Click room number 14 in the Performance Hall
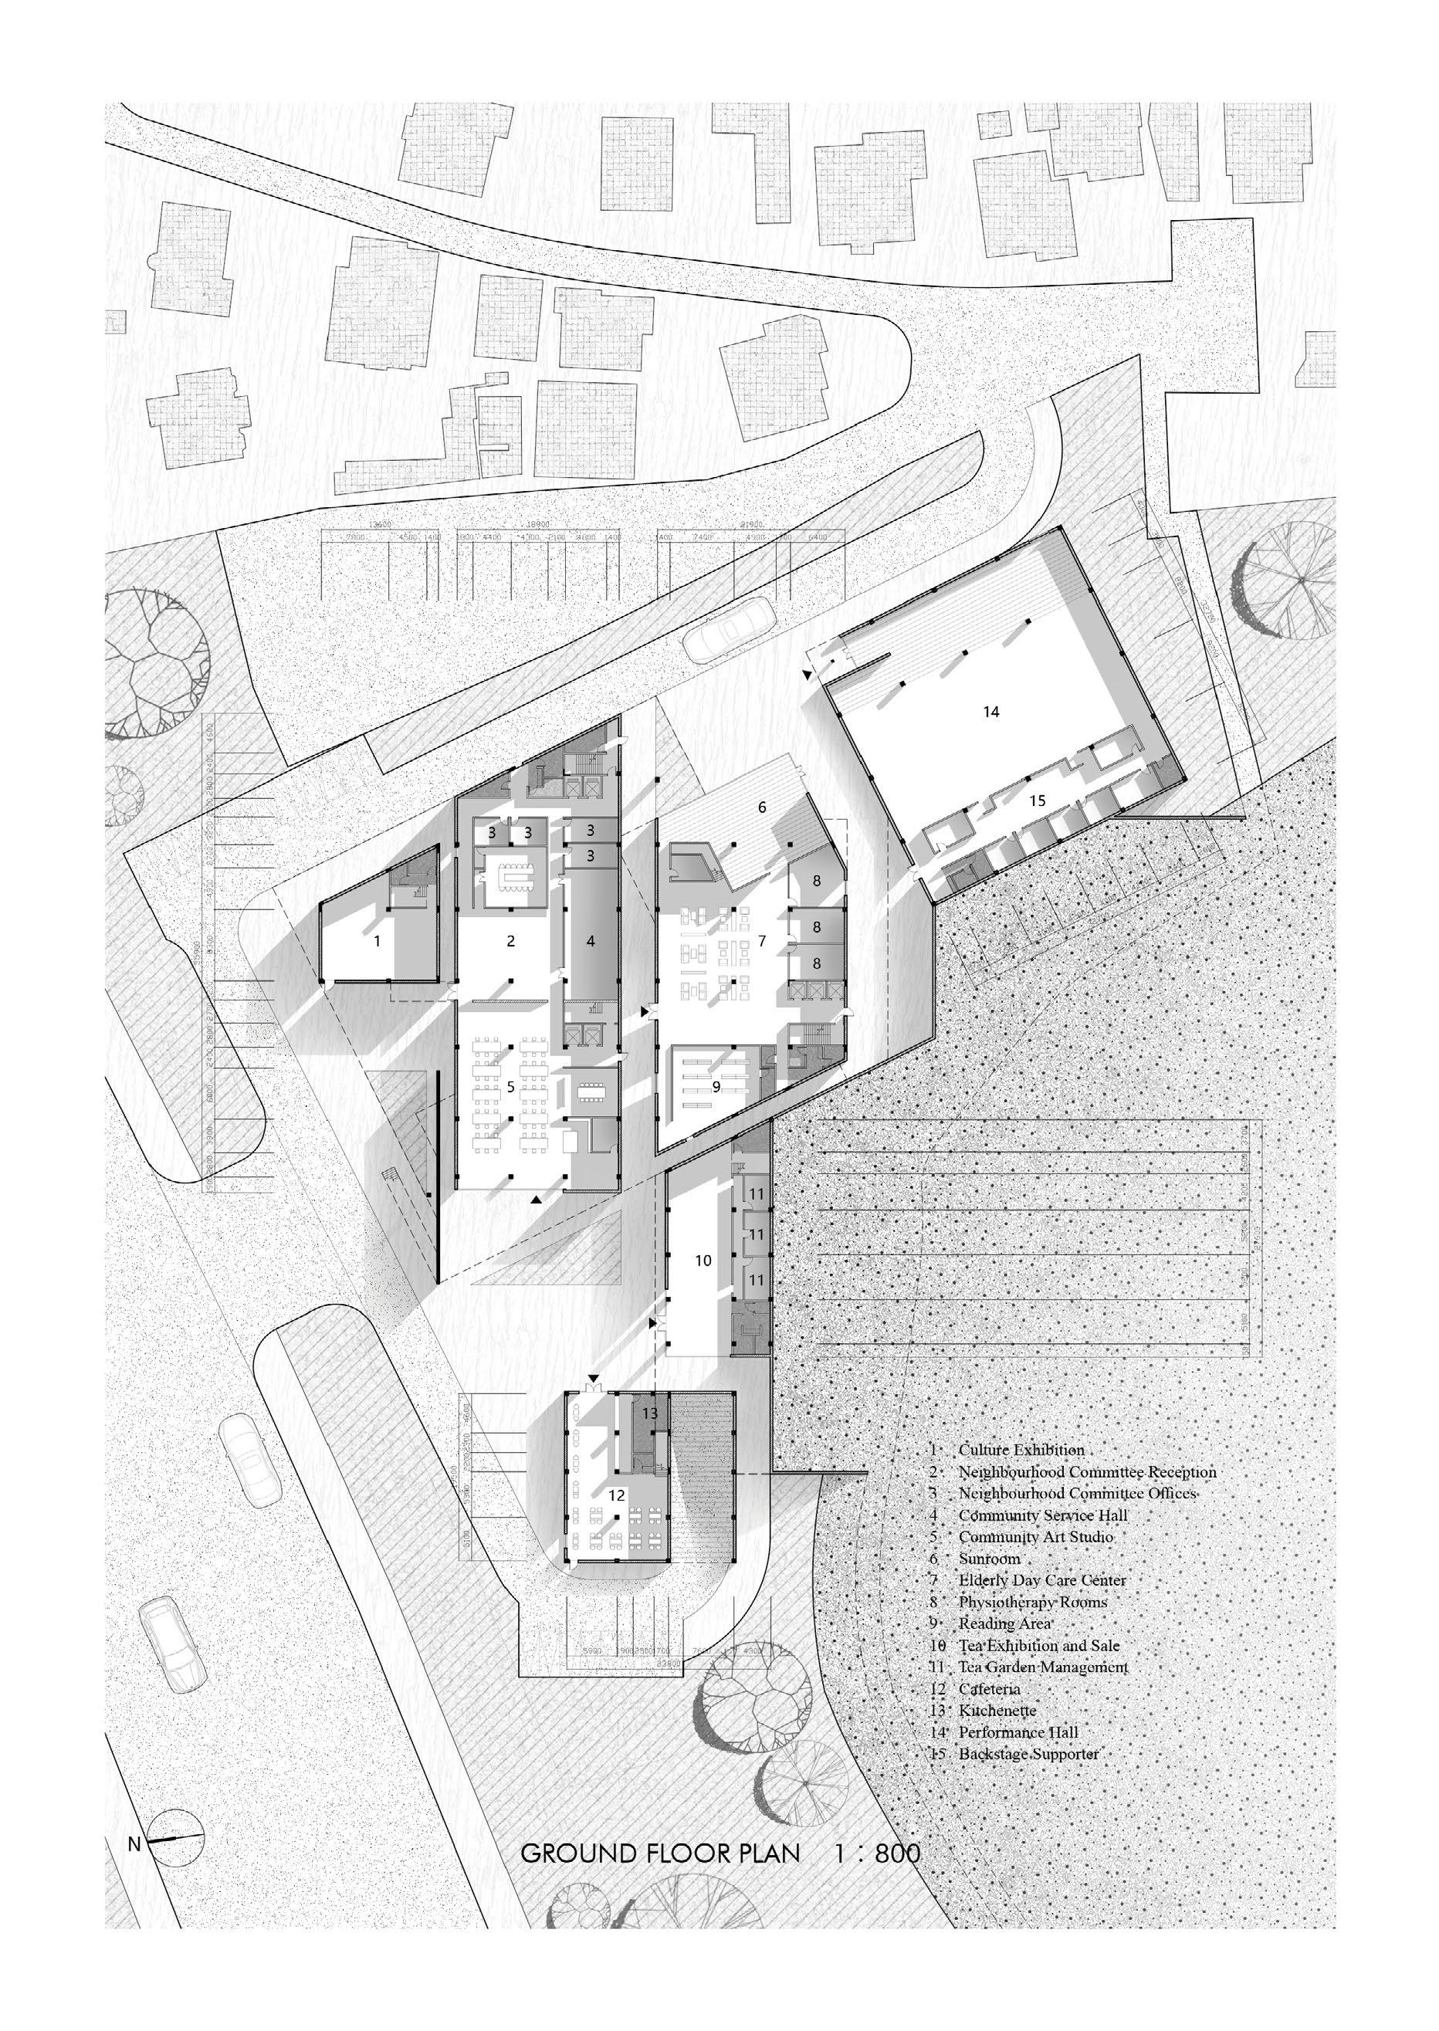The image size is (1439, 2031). (990, 711)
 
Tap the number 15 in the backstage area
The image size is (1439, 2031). (1037, 801)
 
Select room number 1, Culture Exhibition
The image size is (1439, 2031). (378, 941)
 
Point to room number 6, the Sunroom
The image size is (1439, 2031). (760, 807)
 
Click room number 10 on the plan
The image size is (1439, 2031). (703, 1260)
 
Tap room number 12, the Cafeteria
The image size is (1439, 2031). (617, 1495)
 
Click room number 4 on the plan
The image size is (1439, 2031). (590, 941)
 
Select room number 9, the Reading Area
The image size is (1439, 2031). (716, 1085)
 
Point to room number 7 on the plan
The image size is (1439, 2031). (761, 940)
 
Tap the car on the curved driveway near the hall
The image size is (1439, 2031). (728, 628)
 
